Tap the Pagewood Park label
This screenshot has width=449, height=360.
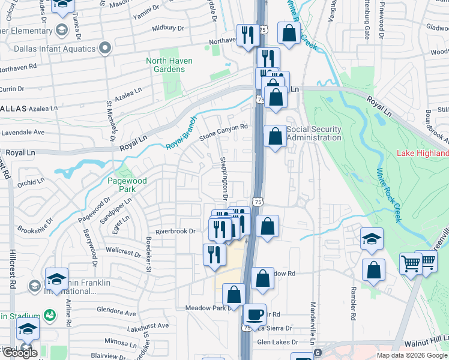122,184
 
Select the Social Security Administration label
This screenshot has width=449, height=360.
314,133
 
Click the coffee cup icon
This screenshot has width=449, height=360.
254,315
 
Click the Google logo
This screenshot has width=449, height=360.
20,353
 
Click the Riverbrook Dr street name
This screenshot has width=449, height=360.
176,231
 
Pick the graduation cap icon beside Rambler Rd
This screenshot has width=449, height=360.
372,239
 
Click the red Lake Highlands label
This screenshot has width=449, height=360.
423,153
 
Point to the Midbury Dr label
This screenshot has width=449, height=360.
167,28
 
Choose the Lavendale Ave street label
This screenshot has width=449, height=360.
22,131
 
